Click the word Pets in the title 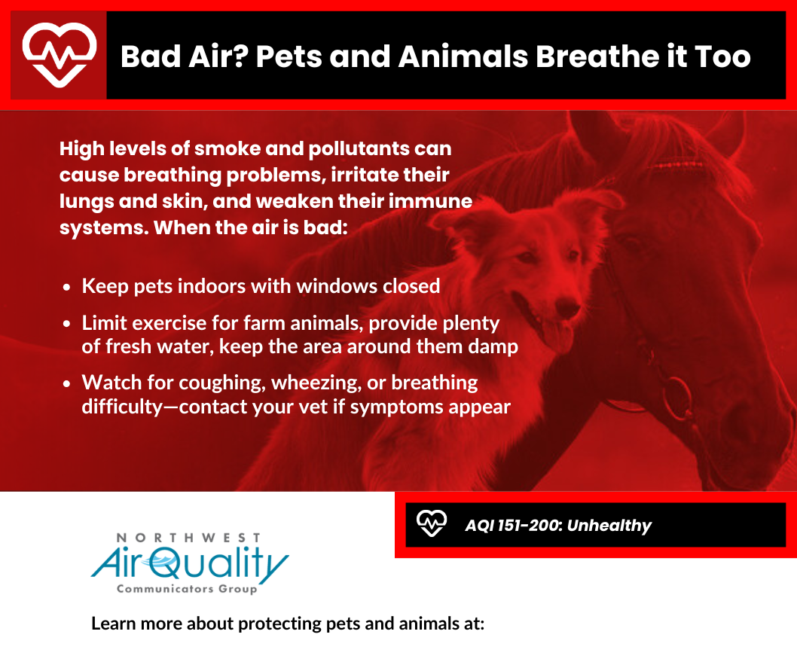pyautogui.click(x=289, y=56)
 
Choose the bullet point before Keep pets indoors pyautogui.click(x=66, y=288)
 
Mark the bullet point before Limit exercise pyautogui.click(x=66, y=324)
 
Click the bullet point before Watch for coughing pyautogui.click(x=66, y=383)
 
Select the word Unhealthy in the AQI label pyautogui.click(x=609, y=525)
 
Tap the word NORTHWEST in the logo pyautogui.click(x=188, y=538)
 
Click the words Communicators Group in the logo pyautogui.click(x=187, y=589)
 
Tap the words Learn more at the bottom pyautogui.click(x=136, y=624)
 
